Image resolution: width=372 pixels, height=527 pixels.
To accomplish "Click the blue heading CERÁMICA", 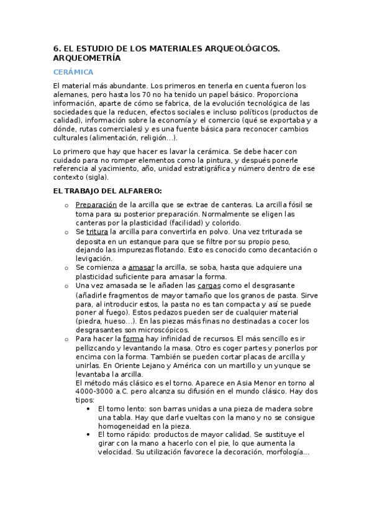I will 73,72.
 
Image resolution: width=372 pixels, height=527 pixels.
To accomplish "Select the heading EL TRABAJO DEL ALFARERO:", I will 107,191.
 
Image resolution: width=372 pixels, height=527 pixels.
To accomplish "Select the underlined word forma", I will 133,339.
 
